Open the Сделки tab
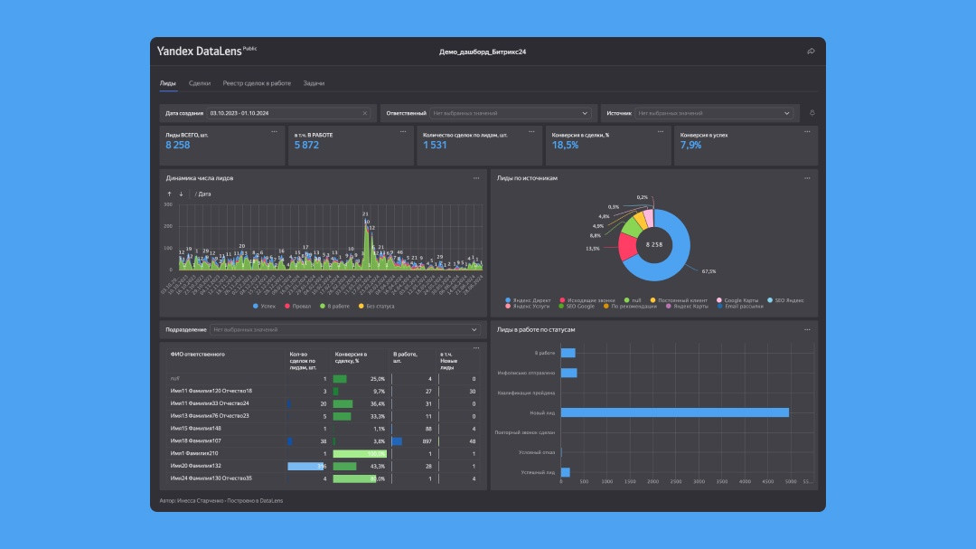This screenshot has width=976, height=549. (x=200, y=83)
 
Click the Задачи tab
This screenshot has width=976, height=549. (x=314, y=83)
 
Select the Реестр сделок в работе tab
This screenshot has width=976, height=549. (x=257, y=83)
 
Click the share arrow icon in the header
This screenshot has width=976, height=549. (x=811, y=52)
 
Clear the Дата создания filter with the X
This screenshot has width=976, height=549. (x=365, y=113)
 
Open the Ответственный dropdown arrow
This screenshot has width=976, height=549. (x=586, y=113)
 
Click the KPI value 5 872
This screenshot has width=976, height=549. (x=306, y=145)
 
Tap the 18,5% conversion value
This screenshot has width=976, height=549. (x=565, y=145)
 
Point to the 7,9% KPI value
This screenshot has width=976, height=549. (x=690, y=145)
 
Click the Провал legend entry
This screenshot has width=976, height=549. (x=301, y=307)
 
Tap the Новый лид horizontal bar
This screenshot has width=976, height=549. (x=674, y=412)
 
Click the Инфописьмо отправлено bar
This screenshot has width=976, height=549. (x=568, y=373)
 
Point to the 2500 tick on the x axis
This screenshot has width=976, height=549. (x=675, y=482)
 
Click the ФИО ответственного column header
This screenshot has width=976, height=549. (x=197, y=354)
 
